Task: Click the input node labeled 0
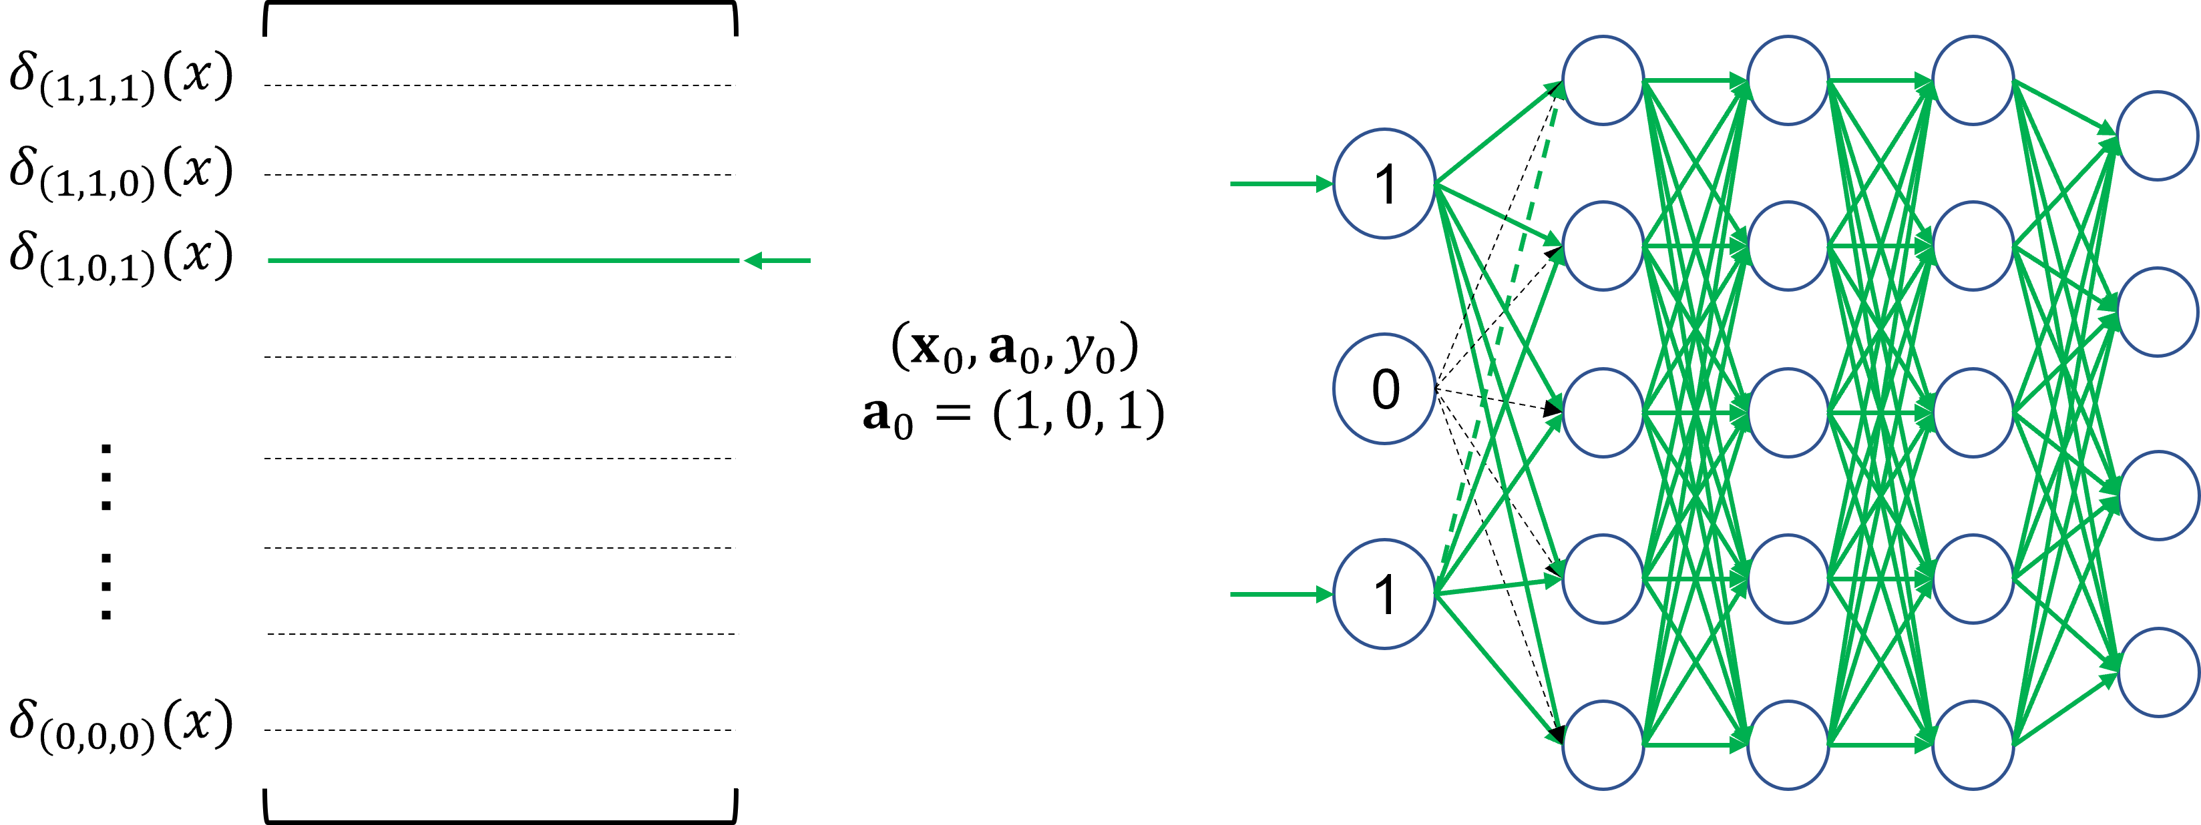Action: coord(1384,388)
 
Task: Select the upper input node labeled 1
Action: coord(1384,184)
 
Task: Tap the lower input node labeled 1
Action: coord(1384,593)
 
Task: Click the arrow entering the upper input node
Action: coord(1281,184)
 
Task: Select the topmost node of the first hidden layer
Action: coord(1603,80)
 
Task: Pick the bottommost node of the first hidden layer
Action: coord(1603,745)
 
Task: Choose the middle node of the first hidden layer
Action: coord(1603,412)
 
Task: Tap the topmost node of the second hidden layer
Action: coord(1788,80)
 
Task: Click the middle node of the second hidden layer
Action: coord(1788,412)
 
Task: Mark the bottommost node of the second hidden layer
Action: coord(1788,745)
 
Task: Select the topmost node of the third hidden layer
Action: coord(1973,80)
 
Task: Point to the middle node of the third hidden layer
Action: coord(1973,412)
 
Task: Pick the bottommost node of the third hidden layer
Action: coord(1973,745)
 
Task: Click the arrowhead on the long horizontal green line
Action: coord(752,260)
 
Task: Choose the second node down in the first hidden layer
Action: coord(1603,246)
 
